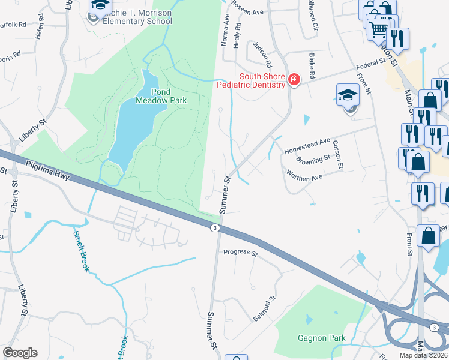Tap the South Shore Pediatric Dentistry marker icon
point(294,80)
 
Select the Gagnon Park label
point(322,338)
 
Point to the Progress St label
point(240,253)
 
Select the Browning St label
point(313,160)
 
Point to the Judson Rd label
point(262,55)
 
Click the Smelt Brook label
point(82,250)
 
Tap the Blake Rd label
point(312,67)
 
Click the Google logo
point(20,352)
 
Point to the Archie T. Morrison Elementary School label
point(133,17)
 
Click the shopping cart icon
point(378,28)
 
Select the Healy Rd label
point(237,35)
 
